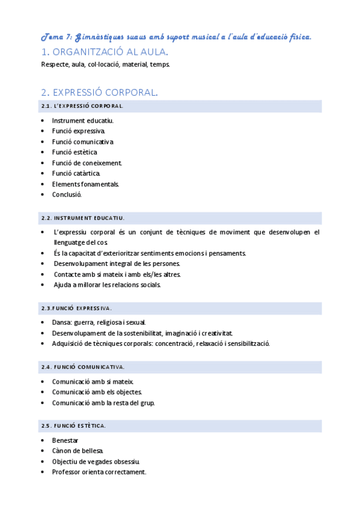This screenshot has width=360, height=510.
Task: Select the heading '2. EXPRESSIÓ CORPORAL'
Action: (x=99, y=93)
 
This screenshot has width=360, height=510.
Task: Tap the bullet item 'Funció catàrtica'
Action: (x=76, y=173)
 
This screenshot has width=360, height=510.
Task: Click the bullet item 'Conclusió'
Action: (x=66, y=195)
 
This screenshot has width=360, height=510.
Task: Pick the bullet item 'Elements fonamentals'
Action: (x=85, y=184)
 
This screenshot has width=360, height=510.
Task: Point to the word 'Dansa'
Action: (x=61, y=322)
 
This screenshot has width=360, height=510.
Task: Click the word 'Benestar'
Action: (x=65, y=440)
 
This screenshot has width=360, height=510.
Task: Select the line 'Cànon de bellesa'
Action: (x=78, y=451)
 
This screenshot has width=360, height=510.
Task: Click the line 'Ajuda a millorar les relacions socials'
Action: (x=106, y=285)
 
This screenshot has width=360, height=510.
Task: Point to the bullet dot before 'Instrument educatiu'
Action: (x=43, y=120)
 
